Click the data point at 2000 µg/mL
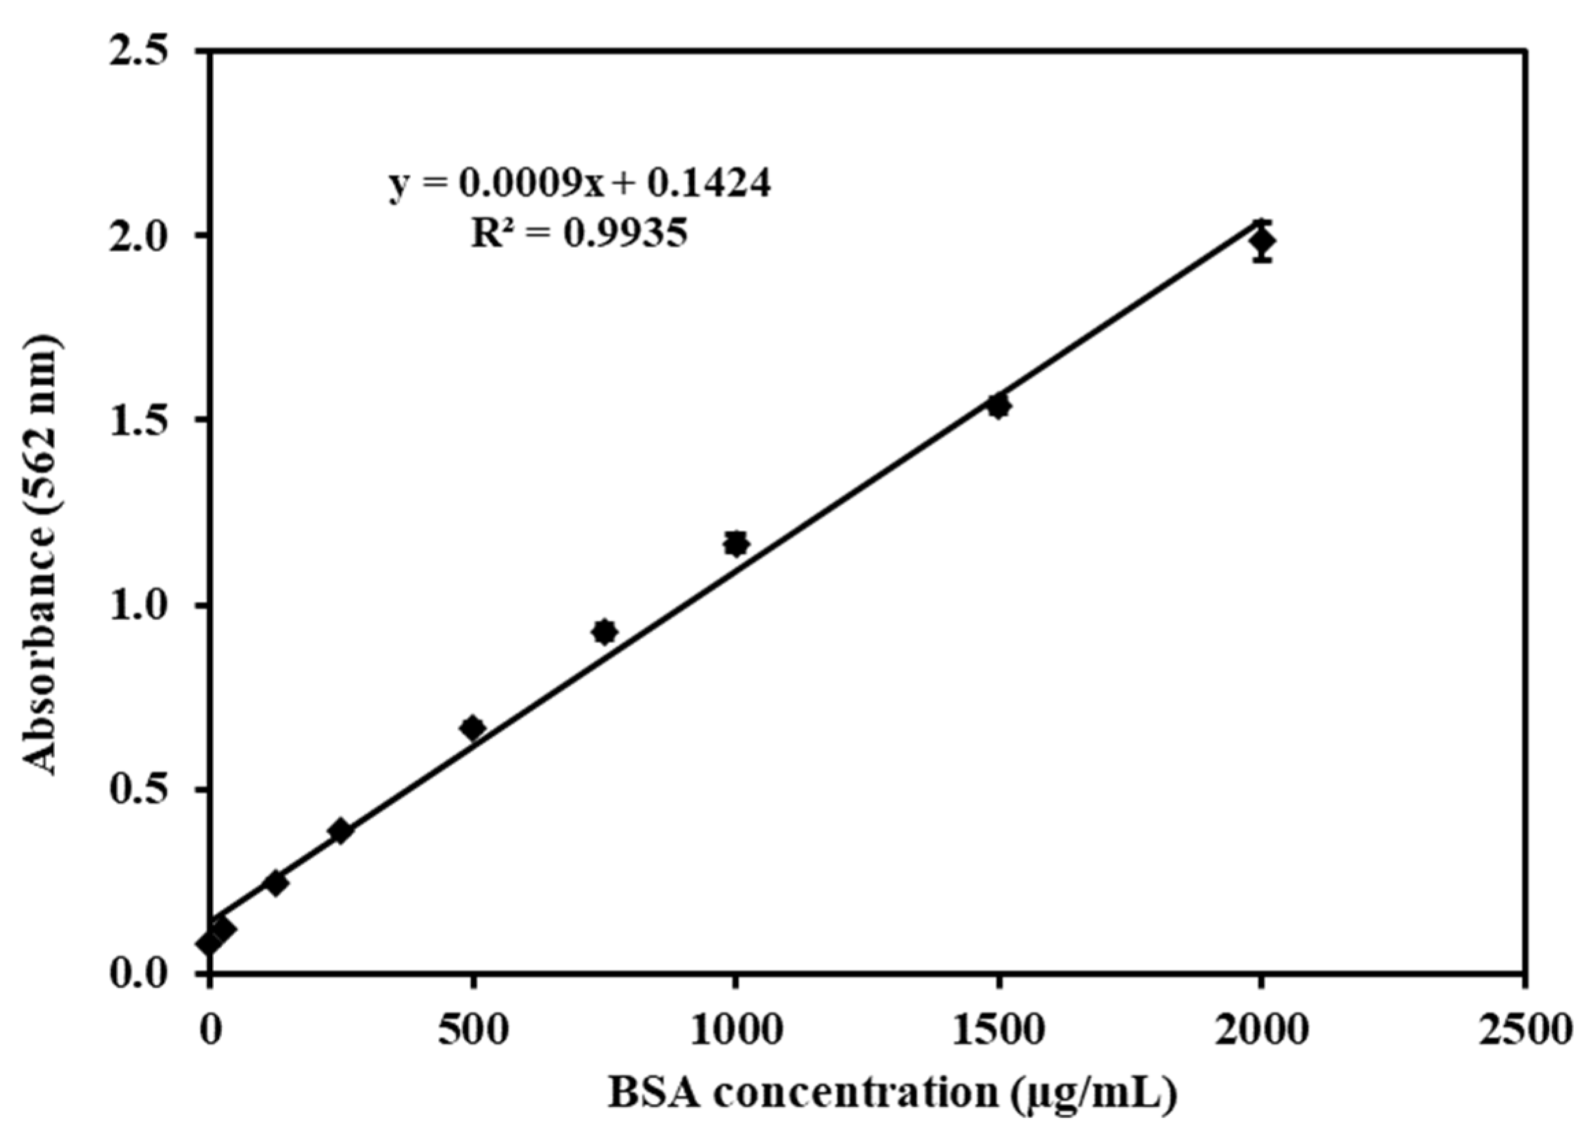click(x=1262, y=241)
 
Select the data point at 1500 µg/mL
click(x=999, y=406)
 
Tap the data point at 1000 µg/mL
click(x=735, y=543)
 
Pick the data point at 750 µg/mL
click(x=605, y=631)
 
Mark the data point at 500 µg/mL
click(x=473, y=728)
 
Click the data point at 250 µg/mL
click(x=341, y=831)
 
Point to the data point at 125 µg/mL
click(x=276, y=883)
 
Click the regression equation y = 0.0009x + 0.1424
click(x=580, y=185)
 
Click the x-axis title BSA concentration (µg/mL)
click(x=893, y=1094)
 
